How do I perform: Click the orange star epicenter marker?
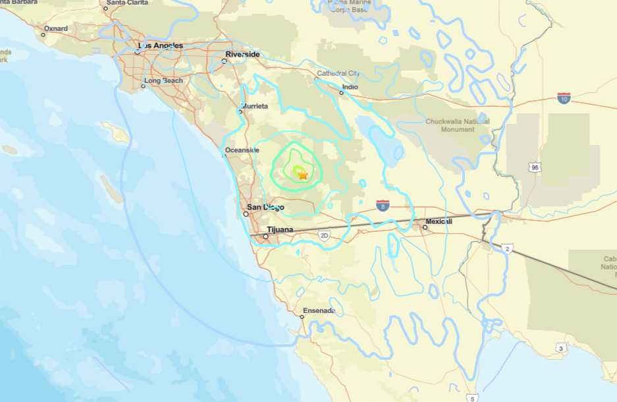302,175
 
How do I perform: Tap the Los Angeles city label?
161,45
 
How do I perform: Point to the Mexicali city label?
439,221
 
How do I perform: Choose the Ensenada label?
319,310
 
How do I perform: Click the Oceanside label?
242,150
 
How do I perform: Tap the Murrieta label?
255,105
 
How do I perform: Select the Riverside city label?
242,54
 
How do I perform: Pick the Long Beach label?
164,80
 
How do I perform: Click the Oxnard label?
56,29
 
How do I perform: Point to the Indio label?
350,86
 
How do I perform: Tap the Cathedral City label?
338,73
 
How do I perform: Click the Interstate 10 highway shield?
564,98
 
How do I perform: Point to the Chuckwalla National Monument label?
458,125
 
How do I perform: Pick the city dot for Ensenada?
302,317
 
